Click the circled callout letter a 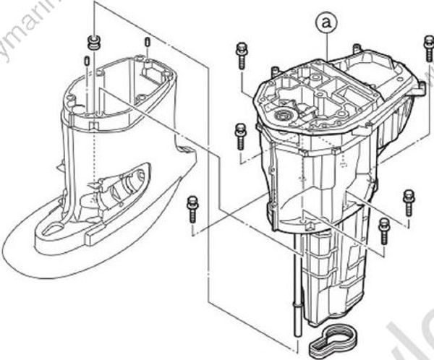[328, 23]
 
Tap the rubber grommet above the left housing [93, 40]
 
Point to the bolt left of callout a [240, 55]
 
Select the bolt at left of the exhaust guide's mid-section [240, 136]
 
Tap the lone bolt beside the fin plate [192, 206]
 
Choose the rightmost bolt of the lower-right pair [408, 199]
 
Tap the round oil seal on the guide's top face [284, 115]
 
